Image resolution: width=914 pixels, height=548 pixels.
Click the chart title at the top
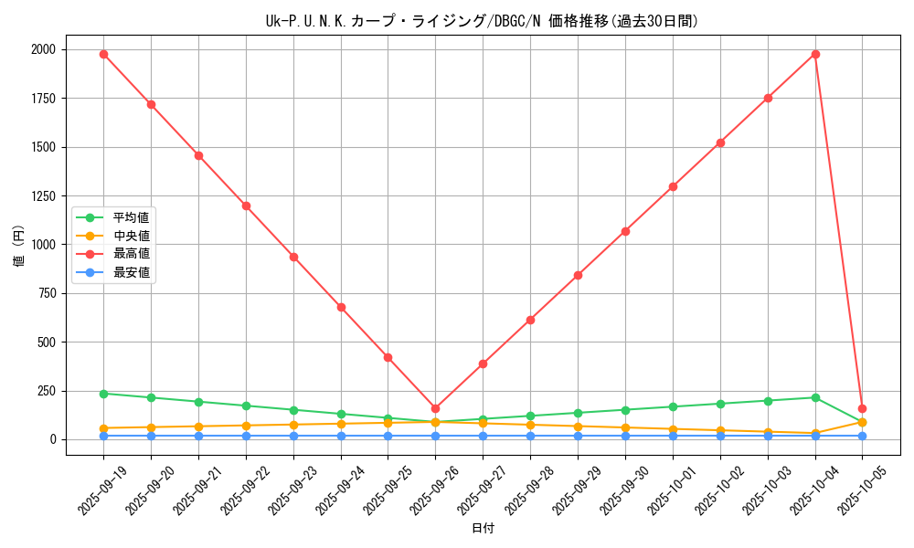482,21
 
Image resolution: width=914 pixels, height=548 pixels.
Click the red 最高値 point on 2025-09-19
103,54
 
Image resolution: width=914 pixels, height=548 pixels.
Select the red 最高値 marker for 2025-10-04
815,54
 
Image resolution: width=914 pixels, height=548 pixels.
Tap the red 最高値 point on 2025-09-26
435,408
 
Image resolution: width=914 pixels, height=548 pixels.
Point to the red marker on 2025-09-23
293,257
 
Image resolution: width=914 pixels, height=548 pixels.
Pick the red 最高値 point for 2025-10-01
673,186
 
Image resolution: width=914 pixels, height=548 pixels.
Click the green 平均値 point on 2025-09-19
103,394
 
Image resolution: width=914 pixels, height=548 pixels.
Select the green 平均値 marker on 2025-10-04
815,397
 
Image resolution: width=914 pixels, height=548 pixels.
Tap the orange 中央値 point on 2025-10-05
862,422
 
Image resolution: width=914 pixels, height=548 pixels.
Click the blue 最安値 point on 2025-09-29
578,436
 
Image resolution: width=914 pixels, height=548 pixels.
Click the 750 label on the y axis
46,293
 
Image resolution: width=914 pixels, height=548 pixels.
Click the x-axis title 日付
483,529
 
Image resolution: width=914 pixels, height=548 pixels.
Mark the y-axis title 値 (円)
19,247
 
